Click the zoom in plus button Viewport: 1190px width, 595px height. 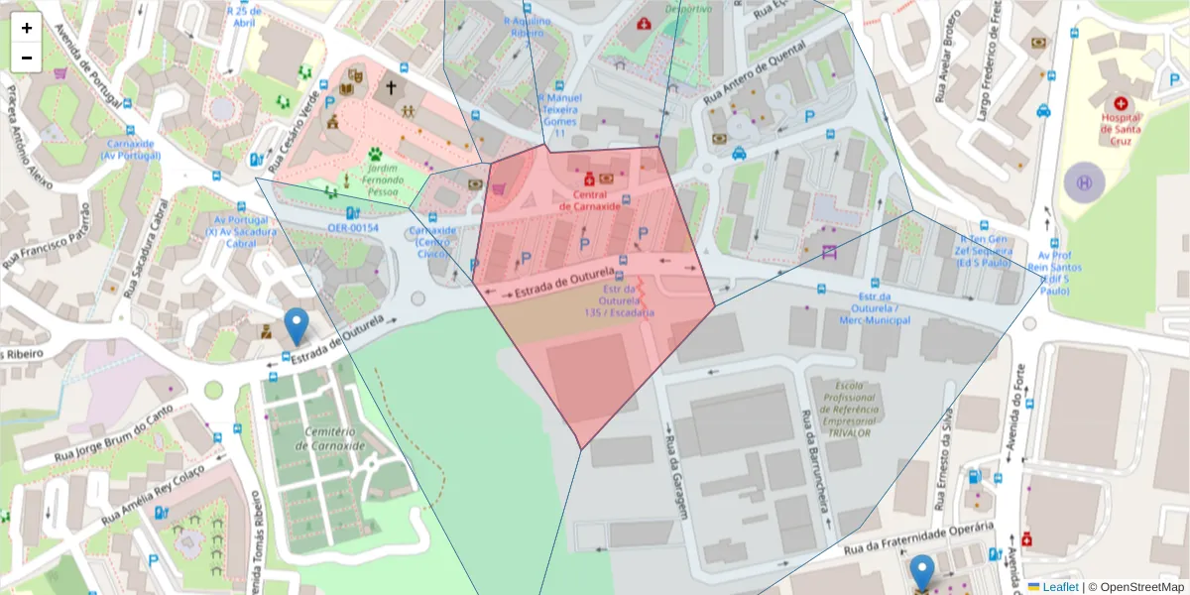pos(27,28)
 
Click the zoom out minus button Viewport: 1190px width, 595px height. pos(27,58)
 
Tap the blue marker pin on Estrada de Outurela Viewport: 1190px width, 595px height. pos(296,326)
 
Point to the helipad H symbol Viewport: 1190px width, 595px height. pos(1084,182)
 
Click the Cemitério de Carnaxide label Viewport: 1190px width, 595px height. pos(330,439)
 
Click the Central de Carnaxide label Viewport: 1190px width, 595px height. pos(589,200)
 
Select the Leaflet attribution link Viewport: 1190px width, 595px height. pos(1060,586)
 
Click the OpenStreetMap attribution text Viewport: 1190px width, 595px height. pos(1136,586)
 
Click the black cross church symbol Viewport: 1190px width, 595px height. pos(391,88)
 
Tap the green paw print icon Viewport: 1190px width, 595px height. pos(376,154)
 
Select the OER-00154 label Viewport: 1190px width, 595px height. pos(354,228)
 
